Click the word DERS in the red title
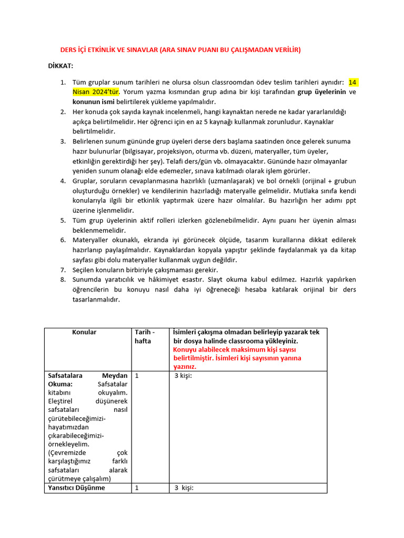pyautogui.click(x=71, y=50)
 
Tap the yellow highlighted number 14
pyautogui.click(x=352, y=82)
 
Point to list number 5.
pyautogui.click(x=62, y=221)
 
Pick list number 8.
pyautogui.click(x=62, y=280)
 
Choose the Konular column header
pyautogui.click(x=84, y=333)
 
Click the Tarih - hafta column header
pyautogui.click(x=145, y=337)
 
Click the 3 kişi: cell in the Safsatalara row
pyautogui.click(x=183, y=376)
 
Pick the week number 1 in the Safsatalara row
pyautogui.click(x=137, y=376)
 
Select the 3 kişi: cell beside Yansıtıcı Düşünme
pyautogui.click(x=184, y=488)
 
